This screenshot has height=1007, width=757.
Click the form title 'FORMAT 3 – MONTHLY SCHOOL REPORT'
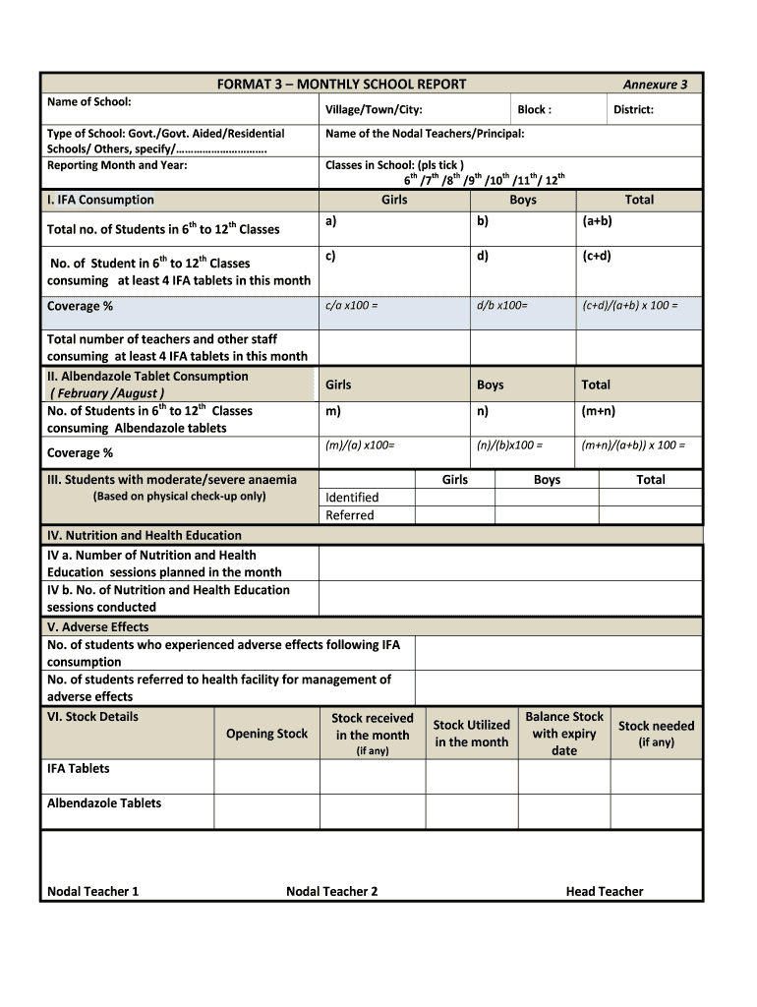pyautogui.click(x=341, y=85)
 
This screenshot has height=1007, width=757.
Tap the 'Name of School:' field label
pyautogui.click(x=89, y=102)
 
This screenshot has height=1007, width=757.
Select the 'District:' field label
pyautogui.click(x=633, y=110)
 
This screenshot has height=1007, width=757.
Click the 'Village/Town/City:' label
pyautogui.click(x=374, y=110)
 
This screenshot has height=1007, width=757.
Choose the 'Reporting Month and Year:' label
pyautogui.click(x=117, y=165)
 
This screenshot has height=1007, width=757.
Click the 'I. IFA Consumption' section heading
pyautogui.click(x=100, y=200)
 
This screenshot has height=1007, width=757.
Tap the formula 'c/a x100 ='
pyautogui.click(x=351, y=306)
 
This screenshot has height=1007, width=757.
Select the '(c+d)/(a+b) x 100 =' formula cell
pyautogui.click(x=629, y=306)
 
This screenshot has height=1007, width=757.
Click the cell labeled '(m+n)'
pyautogui.click(x=598, y=412)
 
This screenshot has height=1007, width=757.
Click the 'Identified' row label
pyautogui.click(x=352, y=498)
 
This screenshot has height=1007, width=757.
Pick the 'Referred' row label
pyautogui.click(x=350, y=515)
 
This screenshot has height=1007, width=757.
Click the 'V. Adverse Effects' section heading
pyautogui.click(x=98, y=626)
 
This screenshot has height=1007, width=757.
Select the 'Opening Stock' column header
pyautogui.click(x=266, y=734)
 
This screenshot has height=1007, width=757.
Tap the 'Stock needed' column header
pyautogui.click(x=656, y=726)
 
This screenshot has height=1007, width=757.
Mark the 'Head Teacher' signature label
pyautogui.click(x=605, y=892)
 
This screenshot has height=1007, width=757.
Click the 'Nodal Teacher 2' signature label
pyautogui.click(x=331, y=892)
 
